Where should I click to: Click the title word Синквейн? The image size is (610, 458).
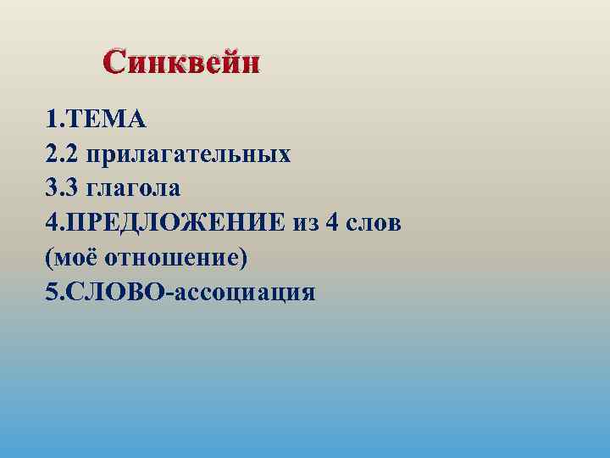181,62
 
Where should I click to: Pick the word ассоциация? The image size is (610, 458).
247,293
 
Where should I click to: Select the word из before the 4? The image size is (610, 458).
305,223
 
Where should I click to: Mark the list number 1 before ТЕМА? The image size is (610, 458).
53,120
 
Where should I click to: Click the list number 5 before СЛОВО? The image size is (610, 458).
53,293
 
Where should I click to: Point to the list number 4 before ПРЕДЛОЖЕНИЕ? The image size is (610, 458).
53,223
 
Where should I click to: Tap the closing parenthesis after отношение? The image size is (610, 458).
243,258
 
